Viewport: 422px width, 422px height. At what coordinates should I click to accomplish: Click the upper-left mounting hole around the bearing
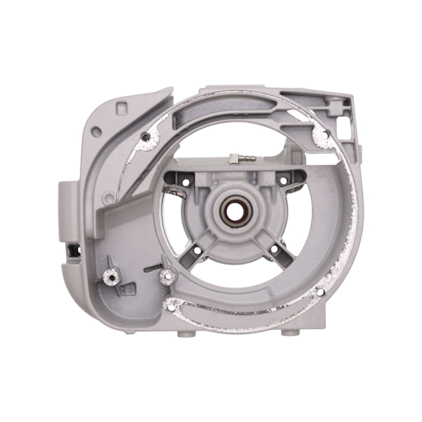[186, 183]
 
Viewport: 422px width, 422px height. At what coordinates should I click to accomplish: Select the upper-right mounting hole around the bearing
[283, 181]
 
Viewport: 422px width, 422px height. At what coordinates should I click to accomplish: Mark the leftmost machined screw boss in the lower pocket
[110, 279]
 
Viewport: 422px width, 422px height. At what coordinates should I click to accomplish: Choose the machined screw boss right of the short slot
[167, 275]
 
